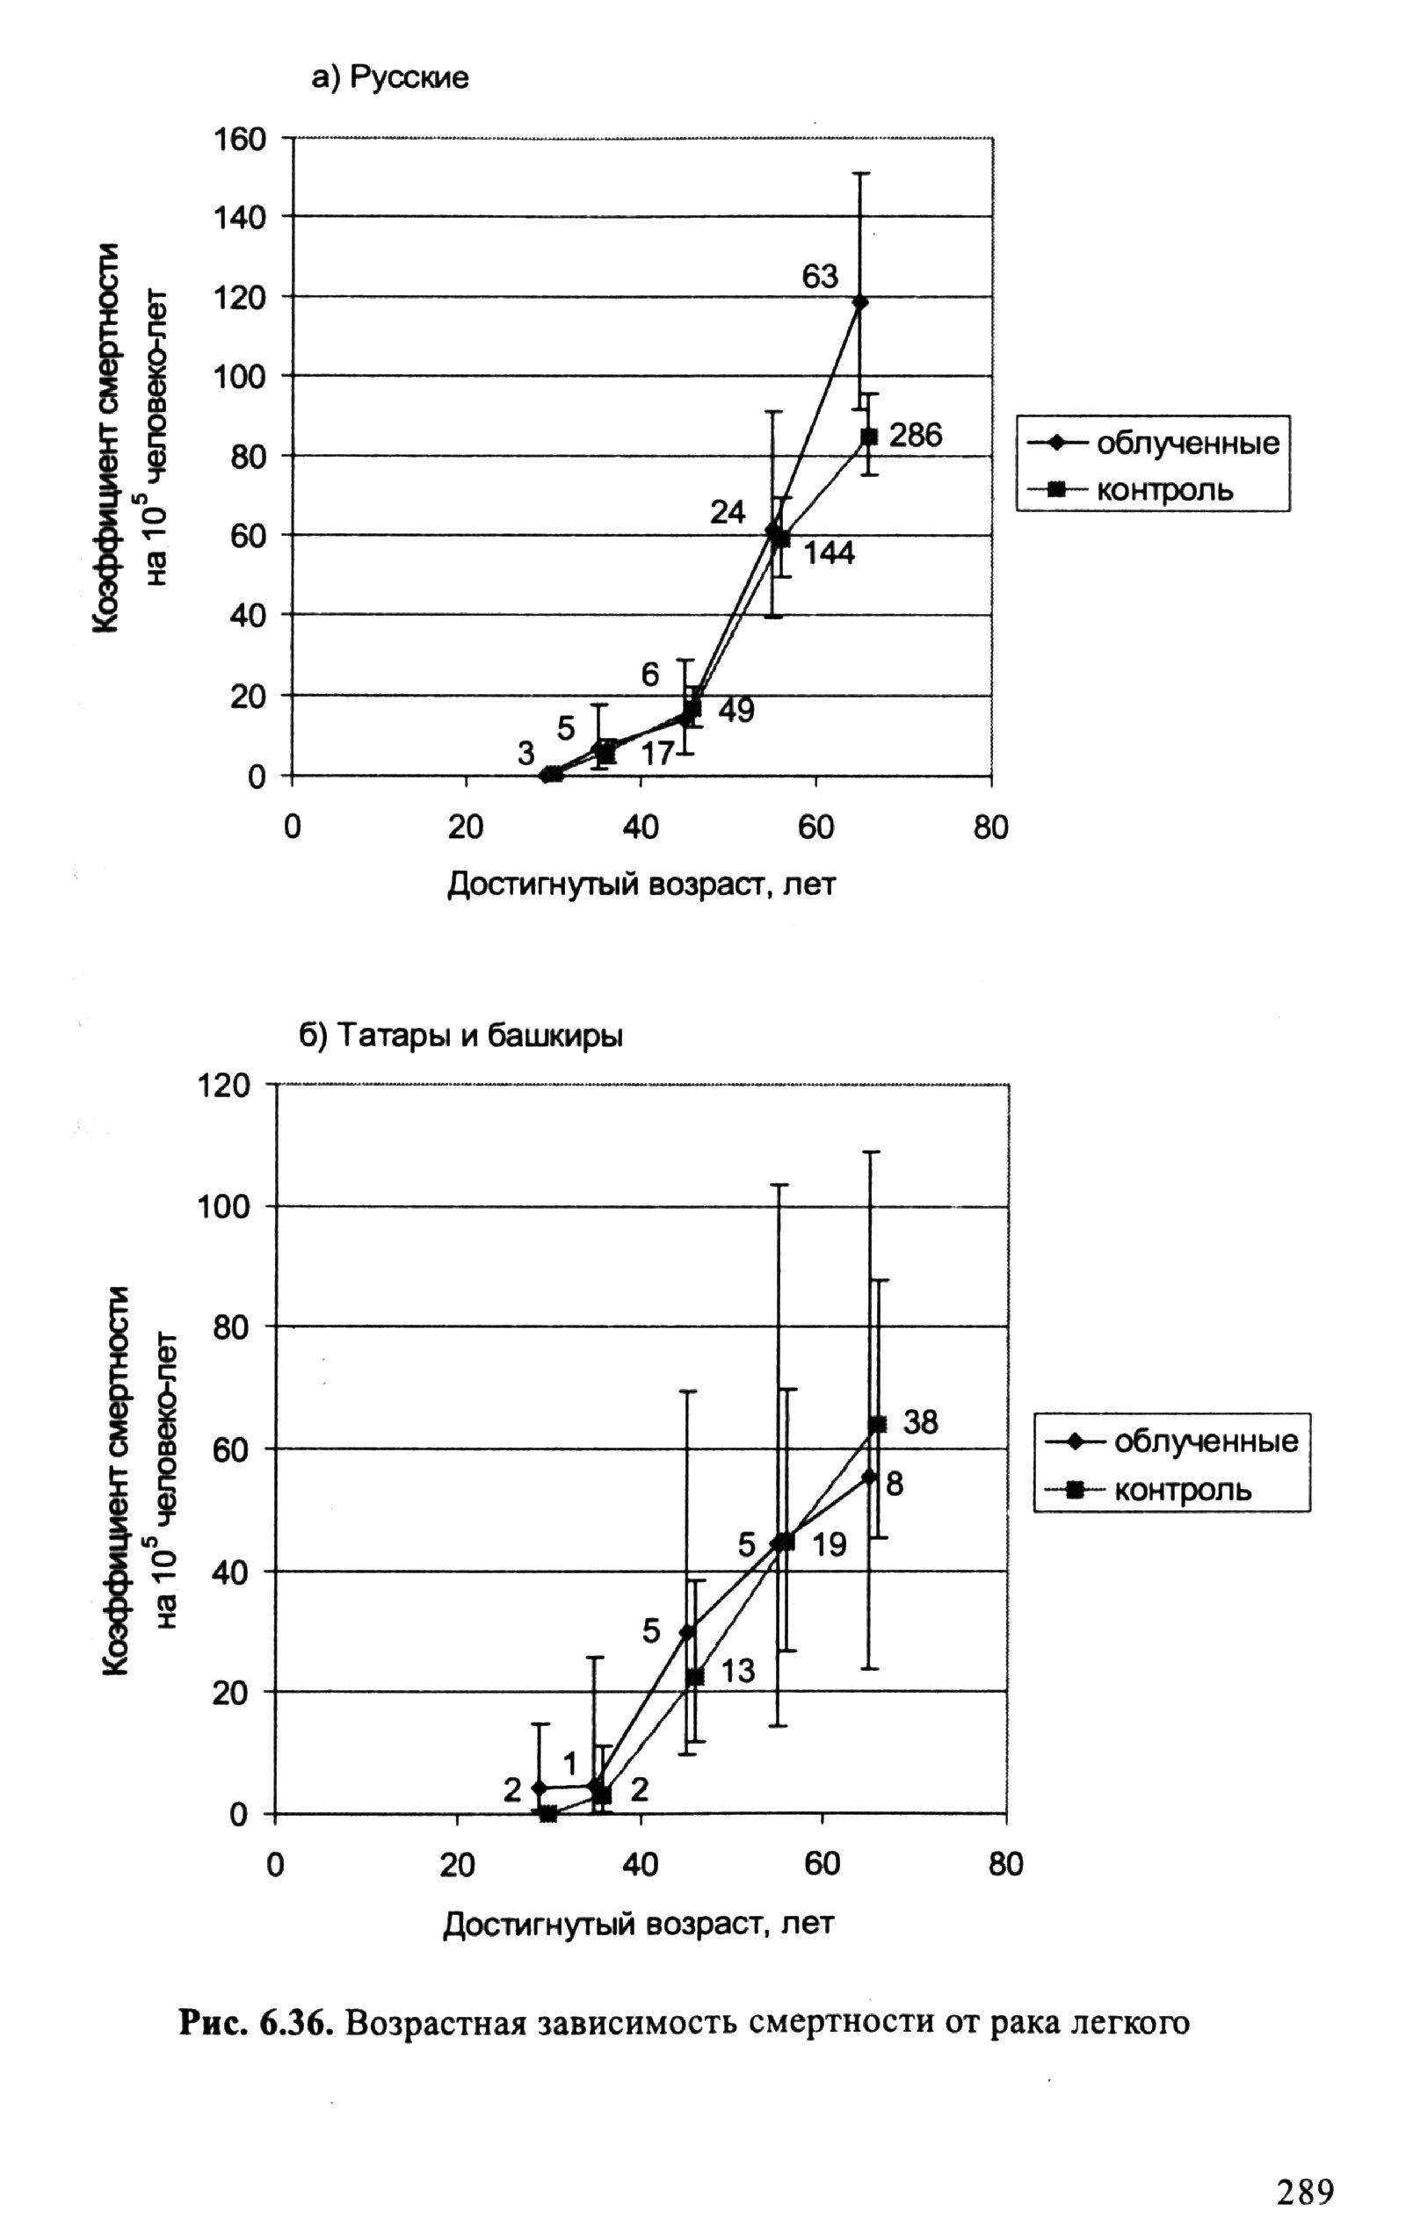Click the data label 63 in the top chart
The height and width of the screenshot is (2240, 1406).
click(x=820, y=276)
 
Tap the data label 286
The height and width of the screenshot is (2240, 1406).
click(x=915, y=435)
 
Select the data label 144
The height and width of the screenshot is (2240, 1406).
click(x=829, y=553)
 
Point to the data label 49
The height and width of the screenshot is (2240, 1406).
click(x=736, y=710)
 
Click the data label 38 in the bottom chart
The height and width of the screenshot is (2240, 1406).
click(x=921, y=1421)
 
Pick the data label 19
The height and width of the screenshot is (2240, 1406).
click(x=829, y=1545)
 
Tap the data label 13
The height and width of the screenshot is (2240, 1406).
click(x=737, y=1671)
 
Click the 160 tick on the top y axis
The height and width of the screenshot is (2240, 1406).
click(x=240, y=140)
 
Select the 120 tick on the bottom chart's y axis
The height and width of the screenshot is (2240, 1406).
click(x=224, y=1085)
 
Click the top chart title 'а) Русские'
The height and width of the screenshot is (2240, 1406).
click(x=390, y=78)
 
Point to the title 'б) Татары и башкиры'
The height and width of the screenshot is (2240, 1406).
click(x=460, y=1035)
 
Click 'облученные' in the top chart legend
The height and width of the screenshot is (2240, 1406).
click(x=1187, y=444)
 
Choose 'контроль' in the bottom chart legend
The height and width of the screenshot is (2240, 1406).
click(x=1183, y=1491)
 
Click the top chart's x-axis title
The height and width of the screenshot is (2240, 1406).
click(x=641, y=884)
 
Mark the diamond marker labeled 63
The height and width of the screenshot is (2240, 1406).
click(x=860, y=301)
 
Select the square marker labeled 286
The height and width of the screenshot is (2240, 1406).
click(x=869, y=436)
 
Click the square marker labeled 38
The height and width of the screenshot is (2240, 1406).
click(x=877, y=1424)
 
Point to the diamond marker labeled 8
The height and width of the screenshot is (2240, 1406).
click(x=870, y=1475)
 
